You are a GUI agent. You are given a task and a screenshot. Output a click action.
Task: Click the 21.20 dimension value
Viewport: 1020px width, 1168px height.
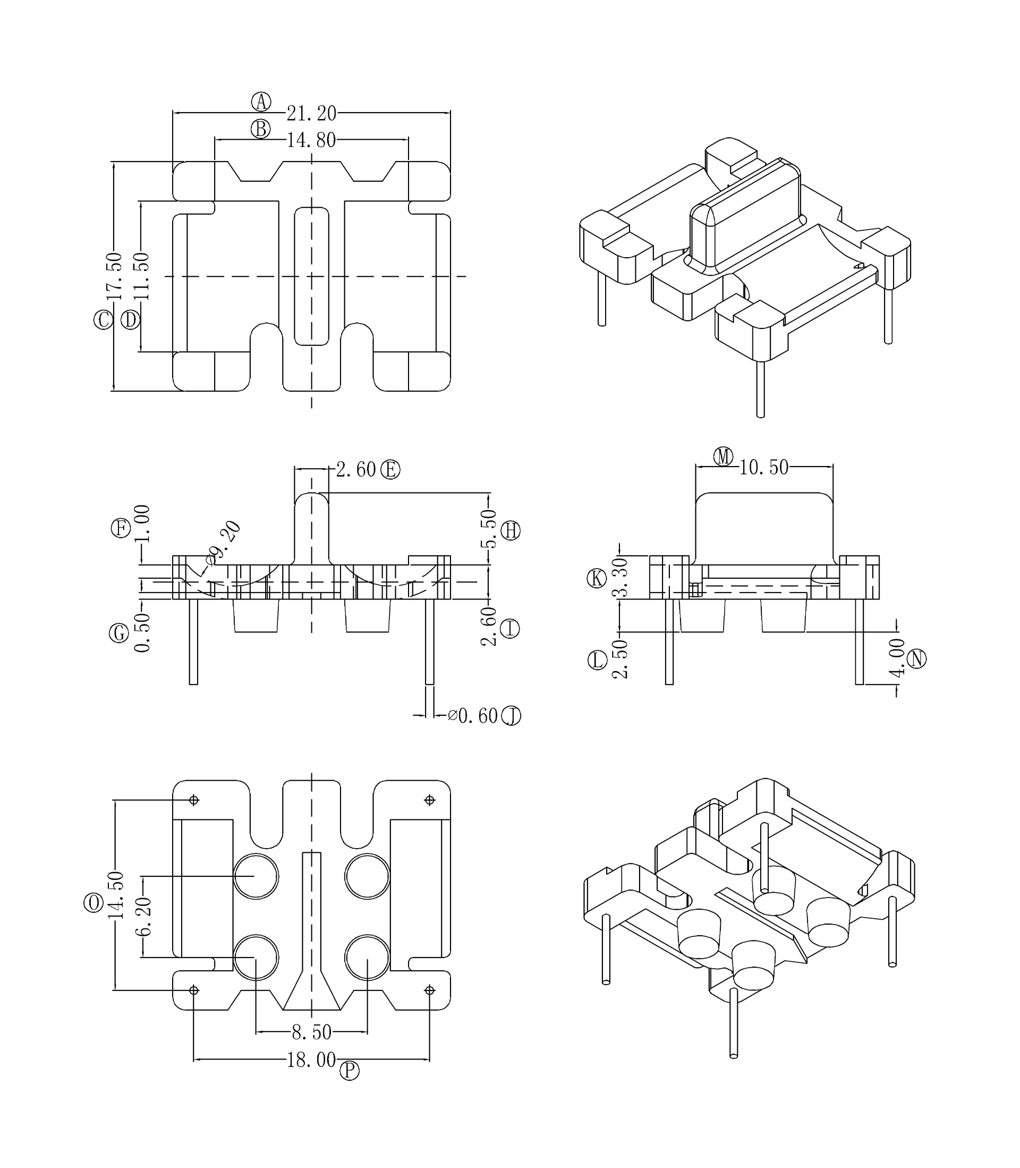[311, 113]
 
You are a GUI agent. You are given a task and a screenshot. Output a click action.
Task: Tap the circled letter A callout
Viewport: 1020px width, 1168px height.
[261, 102]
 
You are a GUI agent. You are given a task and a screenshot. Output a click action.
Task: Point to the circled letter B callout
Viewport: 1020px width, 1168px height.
[261, 129]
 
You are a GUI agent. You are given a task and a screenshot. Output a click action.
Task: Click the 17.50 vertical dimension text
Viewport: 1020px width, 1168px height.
[114, 276]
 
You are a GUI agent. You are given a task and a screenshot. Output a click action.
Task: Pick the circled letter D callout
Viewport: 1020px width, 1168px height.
[130, 319]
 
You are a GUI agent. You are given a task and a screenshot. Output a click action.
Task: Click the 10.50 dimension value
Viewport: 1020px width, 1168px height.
[764, 467]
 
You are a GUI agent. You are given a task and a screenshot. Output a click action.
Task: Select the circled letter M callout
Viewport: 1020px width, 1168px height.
[724, 456]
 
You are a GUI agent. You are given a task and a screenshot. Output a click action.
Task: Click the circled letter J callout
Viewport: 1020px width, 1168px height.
[511, 715]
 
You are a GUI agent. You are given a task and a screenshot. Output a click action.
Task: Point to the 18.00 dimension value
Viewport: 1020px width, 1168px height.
[311, 1060]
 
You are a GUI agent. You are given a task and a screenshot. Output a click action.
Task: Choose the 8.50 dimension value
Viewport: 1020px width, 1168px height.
[311, 1032]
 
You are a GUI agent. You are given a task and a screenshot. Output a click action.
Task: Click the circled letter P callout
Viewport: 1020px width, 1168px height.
[350, 1071]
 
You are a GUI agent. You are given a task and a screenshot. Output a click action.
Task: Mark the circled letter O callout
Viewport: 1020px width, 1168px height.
[93, 903]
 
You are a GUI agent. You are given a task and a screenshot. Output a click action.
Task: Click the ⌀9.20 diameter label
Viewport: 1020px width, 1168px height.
[224, 543]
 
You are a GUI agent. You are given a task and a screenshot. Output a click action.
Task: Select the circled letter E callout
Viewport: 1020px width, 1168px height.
[390, 470]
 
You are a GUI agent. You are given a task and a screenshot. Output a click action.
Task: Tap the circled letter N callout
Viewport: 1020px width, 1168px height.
[916, 658]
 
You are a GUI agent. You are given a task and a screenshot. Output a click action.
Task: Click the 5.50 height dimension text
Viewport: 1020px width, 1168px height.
[489, 529]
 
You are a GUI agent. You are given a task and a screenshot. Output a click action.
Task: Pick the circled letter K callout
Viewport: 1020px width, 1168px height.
[597, 578]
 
